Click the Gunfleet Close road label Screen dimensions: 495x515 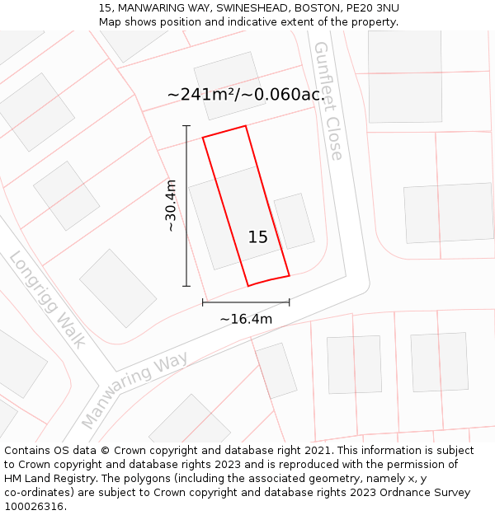pos(327,101)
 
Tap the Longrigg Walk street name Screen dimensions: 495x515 pos(47,299)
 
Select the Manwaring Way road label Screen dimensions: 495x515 pos(134,391)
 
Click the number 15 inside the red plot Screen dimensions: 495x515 pos(257,237)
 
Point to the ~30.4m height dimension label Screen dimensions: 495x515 pos(171,205)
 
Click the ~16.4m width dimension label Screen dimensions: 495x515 pos(246,319)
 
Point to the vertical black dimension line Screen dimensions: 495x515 pos(186,206)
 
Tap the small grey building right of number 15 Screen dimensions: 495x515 pos(295,221)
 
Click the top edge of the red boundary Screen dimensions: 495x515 pos(224,131)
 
